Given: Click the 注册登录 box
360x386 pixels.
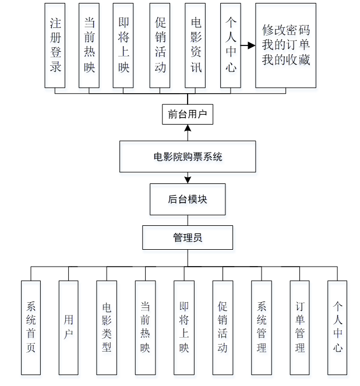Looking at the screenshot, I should pyautogui.click(x=55, y=45).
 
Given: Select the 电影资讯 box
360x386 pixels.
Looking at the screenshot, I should pyautogui.click(x=195, y=45).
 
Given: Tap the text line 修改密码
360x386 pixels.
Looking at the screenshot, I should pyautogui.click(x=285, y=30).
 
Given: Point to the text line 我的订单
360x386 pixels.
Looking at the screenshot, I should pyautogui.click(x=285, y=45).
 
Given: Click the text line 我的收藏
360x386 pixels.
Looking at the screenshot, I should pyautogui.click(x=285, y=60).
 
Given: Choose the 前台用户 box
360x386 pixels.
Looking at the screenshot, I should pyautogui.click(x=187, y=114).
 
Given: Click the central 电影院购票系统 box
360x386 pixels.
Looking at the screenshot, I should pyautogui.click(x=188, y=157).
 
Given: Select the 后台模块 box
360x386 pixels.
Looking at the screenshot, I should pyautogui.click(x=188, y=199).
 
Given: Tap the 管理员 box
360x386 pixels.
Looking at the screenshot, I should pyautogui.click(x=188, y=238).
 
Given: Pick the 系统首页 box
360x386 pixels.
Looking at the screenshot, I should pyautogui.click(x=31, y=327).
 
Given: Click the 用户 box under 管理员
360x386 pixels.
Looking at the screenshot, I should pyautogui.click(x=69, y=327).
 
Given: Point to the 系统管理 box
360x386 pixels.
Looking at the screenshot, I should pyautogui.click(x=262, y=327).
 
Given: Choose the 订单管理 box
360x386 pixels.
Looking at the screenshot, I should pyautogui.click(x=300, y=327).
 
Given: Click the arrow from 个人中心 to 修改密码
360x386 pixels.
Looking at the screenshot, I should pyautogui.click(x=248, y=45).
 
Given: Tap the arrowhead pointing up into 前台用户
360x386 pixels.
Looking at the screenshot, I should pyautogui.click(x=188, y=128).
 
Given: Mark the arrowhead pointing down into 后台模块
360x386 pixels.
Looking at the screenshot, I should pyautogui.click(x=188, y=179).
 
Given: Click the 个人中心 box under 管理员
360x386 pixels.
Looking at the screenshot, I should pyautogui.click(x=337, y=327).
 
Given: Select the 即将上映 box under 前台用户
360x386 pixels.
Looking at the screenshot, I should pyautogui.click(x=123, y=45).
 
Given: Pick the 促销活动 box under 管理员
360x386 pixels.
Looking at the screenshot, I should pyautogui.click(x=223, y=327).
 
